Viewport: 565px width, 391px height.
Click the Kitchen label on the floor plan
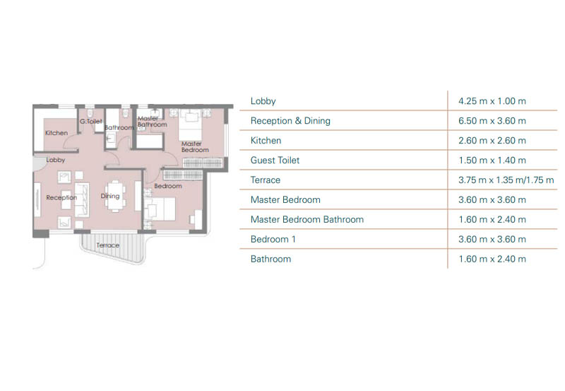(56, 133)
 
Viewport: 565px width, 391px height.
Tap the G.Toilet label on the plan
(91, 121)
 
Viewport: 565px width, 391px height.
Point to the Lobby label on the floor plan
(56, 160)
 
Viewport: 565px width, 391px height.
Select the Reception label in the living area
(61, 197)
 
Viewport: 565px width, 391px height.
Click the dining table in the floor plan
(115, 196)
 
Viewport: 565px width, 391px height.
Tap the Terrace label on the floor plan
(108, 245)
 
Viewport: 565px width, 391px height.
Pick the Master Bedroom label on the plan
(195, 147)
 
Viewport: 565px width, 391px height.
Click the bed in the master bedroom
(190, 125)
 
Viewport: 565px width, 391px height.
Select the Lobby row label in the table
(263, 101)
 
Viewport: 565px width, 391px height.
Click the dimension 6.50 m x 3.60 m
(492, 121)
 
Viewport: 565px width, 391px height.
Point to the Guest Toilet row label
(275, 161)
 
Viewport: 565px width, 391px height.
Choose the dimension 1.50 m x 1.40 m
(492, 161)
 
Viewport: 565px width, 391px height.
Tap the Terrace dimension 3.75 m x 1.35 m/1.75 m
(506, 180)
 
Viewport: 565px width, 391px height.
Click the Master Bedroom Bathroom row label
(307, 219)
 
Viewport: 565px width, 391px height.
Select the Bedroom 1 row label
(273, 239)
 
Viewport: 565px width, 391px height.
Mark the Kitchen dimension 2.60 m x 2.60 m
(492, 140)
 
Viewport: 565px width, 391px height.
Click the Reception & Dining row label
(290, 121)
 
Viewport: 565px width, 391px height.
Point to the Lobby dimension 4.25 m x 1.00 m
(492, 101)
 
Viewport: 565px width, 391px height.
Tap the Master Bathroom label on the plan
(152, 122)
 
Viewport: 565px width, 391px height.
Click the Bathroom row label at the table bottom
(270, 259)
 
